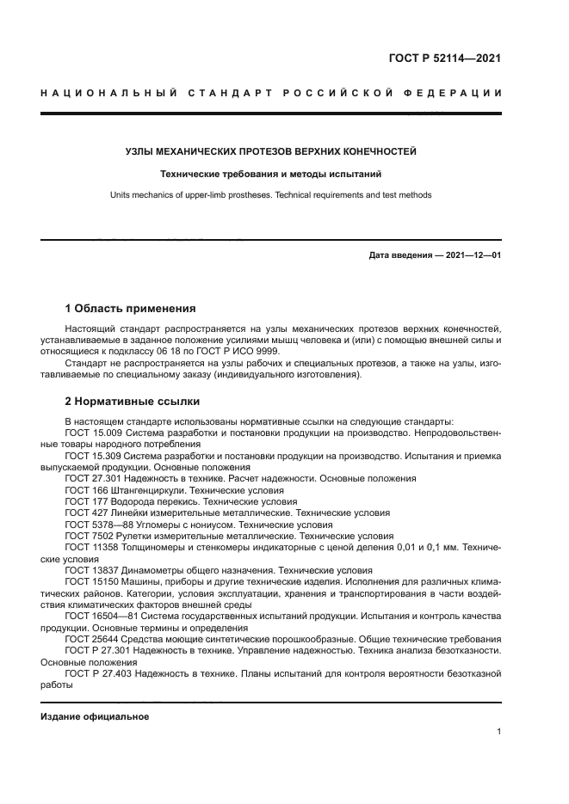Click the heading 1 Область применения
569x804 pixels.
131,308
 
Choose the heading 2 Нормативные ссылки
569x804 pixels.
132,401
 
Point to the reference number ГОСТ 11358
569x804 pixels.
93,547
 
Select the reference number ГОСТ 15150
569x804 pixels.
93,581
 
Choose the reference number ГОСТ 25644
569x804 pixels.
93,639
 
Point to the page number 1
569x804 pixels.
498,731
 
